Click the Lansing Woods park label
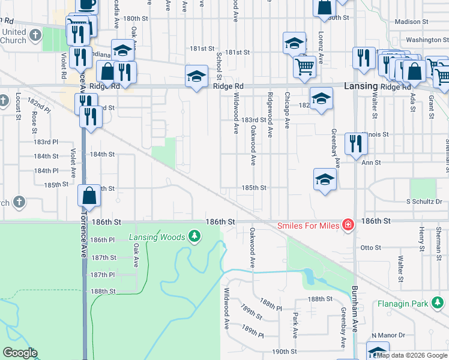pos(157,237)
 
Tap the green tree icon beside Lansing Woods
pos(194,237)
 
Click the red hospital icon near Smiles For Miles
pos(347,226)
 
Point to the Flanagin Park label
pos(403,304)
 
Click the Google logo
pos(20,353)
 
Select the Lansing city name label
pos(361,86)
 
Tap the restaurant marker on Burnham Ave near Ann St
pos(357,144)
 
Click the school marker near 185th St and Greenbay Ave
pos(325,179)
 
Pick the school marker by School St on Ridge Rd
pos(196,76)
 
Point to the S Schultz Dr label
pos(424,202)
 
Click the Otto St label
pos(370,247)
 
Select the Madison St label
pos(411,22)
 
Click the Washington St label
pos(427,40)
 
